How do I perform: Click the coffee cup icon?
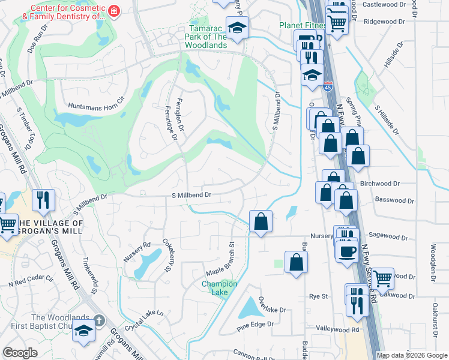tap(347, 251)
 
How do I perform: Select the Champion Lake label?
tap(219, 288)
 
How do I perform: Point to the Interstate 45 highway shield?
tap(328, 86)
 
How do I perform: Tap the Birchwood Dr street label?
tap(379, 184)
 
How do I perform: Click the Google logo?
tap(19, 353)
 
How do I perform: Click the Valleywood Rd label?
tap(338, 329)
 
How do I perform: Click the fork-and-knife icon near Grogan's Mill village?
tap(43, 200)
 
